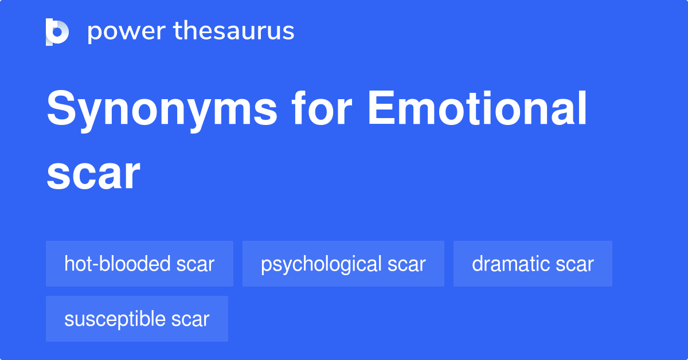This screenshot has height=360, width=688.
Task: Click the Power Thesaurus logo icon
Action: (x=57, y=32)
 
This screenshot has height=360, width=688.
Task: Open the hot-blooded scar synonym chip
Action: (x=139, y=264)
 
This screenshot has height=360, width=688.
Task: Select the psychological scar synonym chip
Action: (x=343, y=264)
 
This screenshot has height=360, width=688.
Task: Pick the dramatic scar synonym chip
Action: (x=533, y=264)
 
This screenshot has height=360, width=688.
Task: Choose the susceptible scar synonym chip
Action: (x=136, y=319)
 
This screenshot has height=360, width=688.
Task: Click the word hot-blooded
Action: (x=118, y=264)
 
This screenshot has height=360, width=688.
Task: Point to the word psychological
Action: (x=321, y=264)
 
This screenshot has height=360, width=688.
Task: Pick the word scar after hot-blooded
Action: (x=196, y=264)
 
